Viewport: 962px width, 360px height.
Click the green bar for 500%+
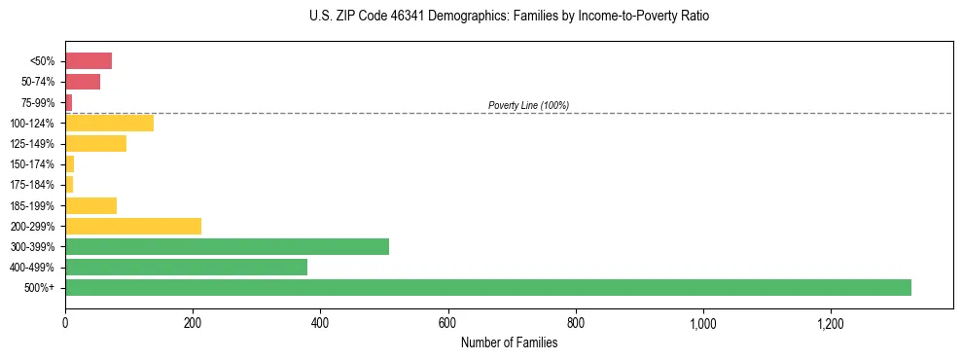coord(487,287)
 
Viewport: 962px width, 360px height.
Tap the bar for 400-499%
coord(186,267)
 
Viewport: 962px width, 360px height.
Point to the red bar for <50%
coord(89,61)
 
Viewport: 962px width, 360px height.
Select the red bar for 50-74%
coord(83,82)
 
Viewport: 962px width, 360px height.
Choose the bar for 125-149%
coord(95,144)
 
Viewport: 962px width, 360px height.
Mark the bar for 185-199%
coord(90,205)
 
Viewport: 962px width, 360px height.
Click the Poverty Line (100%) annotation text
coord(528,105)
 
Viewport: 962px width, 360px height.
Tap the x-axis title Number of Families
coord(509,342)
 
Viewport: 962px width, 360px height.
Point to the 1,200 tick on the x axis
coord(831,322)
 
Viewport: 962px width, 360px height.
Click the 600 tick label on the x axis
coord(447,322)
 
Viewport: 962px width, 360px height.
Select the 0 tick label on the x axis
coord(65,322)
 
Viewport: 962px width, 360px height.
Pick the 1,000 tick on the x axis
coord(703,322)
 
